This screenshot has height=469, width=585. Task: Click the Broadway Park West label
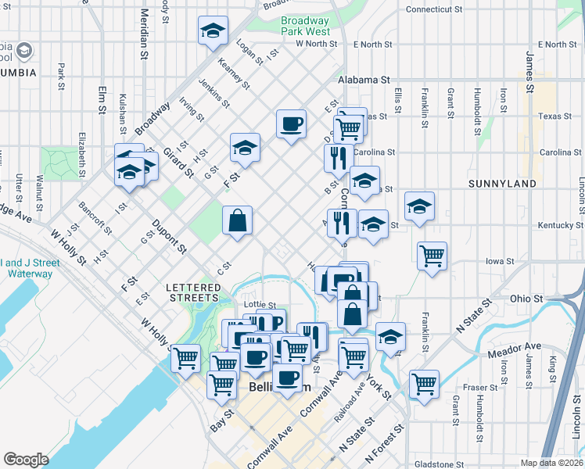click(x=305, y=26)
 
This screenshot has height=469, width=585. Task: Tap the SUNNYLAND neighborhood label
click(x=502, y=184)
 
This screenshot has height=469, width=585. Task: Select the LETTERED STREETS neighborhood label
click(x=192, y=292)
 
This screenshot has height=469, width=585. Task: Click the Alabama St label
click(x=364, y=80)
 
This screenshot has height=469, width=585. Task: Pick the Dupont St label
click(x=170, y=237)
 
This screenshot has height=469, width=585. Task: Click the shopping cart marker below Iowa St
click(x=432, y=256)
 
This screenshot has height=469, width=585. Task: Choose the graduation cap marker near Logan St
click(x=213, y=30)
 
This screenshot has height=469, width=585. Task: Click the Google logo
click(x=25, y=460)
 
